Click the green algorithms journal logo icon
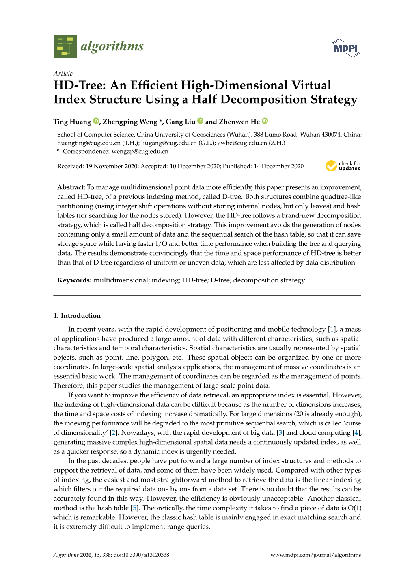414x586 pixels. coord(65,46)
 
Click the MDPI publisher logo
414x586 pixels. coord(346,48)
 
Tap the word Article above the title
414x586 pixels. coord(63,74)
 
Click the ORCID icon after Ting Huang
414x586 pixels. coord(96,121)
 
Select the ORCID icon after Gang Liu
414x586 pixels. coord(201,121)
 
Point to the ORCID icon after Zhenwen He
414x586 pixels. coord(265,121)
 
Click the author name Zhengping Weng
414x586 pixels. coord(130,122)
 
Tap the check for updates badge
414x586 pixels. coord(343,166)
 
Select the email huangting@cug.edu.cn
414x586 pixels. coord(89,143)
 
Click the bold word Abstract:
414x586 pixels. coord(71,187)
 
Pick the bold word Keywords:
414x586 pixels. coord(74,280)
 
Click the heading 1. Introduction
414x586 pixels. coord(77,316)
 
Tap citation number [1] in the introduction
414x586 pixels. coord(332,330)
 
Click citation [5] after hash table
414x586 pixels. coord(135,508)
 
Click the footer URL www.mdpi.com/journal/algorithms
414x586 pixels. coord(315,555)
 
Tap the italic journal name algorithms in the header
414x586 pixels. coord(112,46)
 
